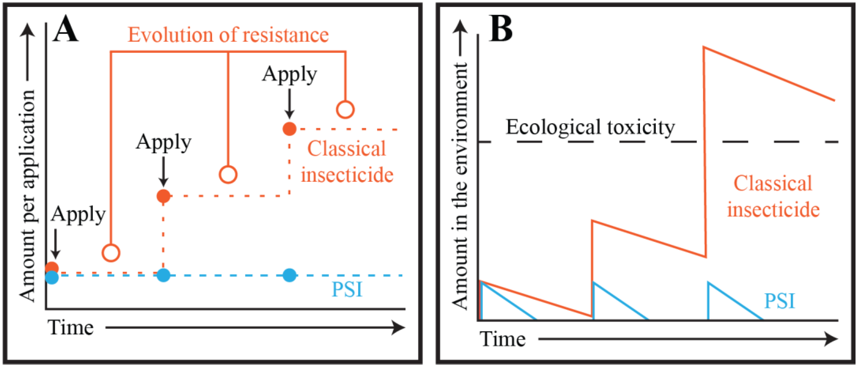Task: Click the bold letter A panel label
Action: point(65,30)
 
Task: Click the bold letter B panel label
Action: point(500,29)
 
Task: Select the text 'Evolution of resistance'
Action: point(228,35)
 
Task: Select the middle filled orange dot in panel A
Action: point(163,196)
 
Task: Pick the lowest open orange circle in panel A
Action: point(111,253)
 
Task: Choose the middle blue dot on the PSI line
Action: point(163,275)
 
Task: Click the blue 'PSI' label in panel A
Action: point(347,289)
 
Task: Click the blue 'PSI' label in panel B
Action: point(780,301)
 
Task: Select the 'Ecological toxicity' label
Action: point(590,127)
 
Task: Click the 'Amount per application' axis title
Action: point(27,196)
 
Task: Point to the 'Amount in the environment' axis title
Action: point(460,185)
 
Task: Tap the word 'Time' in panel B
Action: point(502,339)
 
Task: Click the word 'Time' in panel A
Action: point(70,327)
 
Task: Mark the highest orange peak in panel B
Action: point(704,47)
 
